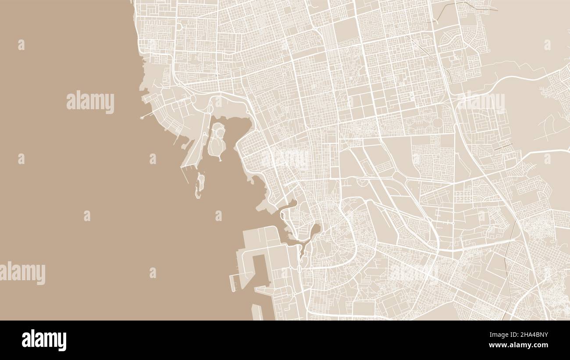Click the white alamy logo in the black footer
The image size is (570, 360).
44,340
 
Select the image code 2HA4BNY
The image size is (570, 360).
532,335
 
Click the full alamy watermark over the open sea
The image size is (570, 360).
90,102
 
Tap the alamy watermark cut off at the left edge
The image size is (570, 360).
22,273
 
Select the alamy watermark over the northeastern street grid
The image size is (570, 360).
481,102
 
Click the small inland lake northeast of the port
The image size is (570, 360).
315,231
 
